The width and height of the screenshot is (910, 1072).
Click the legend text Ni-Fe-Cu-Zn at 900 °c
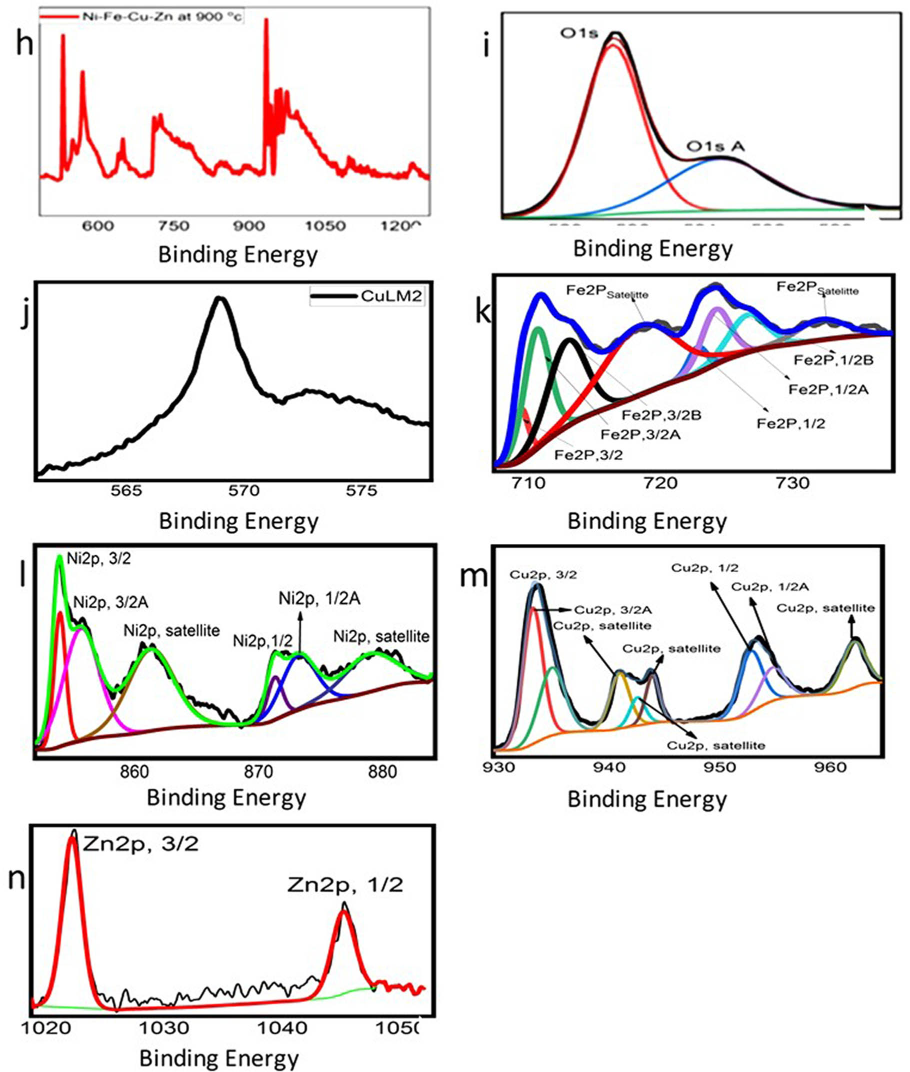click(x=161, y=16)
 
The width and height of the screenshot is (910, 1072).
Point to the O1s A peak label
click(x=715, y=146)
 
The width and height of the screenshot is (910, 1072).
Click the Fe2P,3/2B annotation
click(x=662, y=415)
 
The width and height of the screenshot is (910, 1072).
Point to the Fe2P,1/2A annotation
click(x=828, y=389)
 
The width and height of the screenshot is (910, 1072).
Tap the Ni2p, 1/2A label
click(x=319, y=599)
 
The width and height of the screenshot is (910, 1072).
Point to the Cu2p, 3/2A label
click(x=613, y=610)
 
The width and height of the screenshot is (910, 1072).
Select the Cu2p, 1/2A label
click(x=769, y=587)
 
